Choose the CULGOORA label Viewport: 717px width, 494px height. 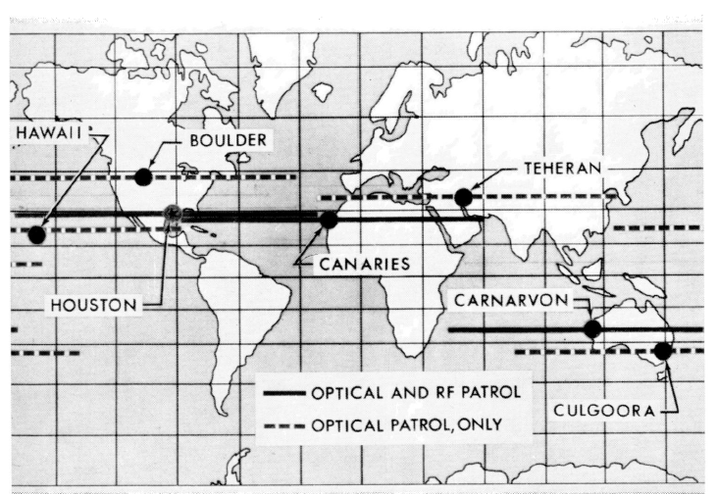[606, 411]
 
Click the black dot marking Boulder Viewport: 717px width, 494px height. [144, 177]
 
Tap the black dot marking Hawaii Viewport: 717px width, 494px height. [37, 234]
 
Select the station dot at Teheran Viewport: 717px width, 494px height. [464, 198]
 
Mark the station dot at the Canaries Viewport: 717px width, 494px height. [329, 221]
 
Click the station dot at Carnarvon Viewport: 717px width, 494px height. [591, 329]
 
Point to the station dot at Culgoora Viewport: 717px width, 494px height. [663, 350]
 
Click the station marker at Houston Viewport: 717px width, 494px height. [174, 214]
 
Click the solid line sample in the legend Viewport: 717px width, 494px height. [284, 392]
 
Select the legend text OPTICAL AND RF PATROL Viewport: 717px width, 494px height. [414, 392]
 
